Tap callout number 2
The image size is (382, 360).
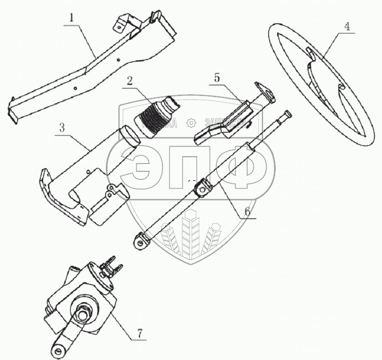click(129, 81)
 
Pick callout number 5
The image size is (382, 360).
click(216, 78)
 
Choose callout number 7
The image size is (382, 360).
click(139, 333)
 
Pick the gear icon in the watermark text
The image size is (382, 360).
click(191, 123)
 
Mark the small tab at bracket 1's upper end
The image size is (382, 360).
click(120, 24)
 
